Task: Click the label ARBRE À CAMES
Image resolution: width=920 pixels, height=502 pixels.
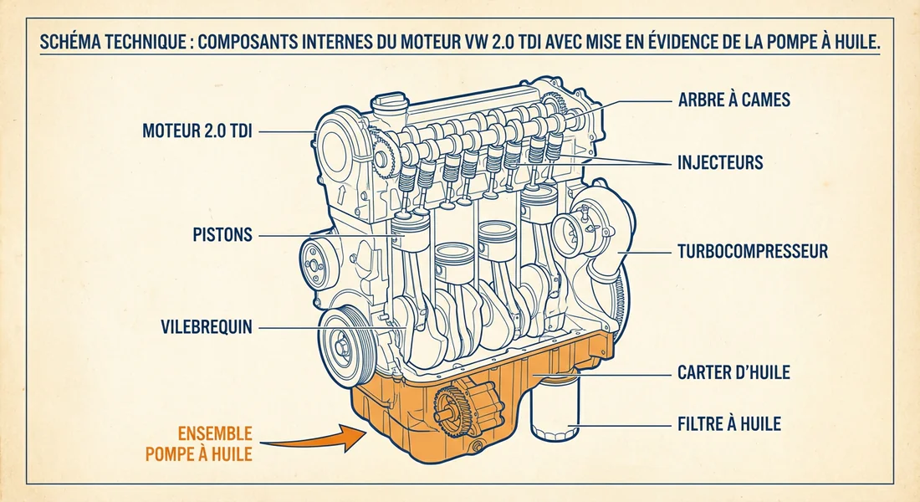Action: [x=733, y=100]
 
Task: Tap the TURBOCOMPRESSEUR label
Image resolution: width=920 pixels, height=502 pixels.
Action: [x=751, y=251]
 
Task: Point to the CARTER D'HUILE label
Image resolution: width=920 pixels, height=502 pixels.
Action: [x=733, y=373]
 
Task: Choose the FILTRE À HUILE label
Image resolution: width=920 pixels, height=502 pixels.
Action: [x=728, y=424]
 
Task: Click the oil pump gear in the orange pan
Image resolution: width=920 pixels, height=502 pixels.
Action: [x=455, y=406]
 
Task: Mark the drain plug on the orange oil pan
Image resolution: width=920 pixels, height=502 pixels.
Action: [x=477, y=452]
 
